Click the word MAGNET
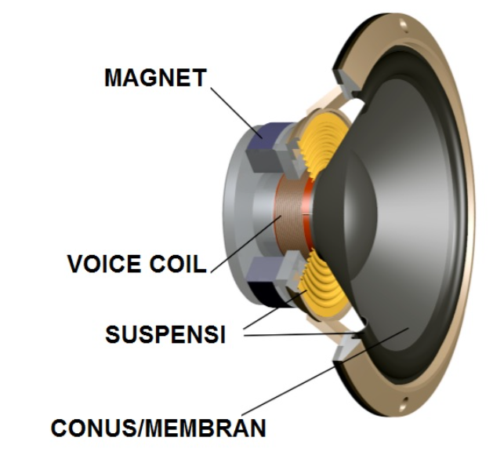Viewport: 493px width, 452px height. (x=154, y=78)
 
